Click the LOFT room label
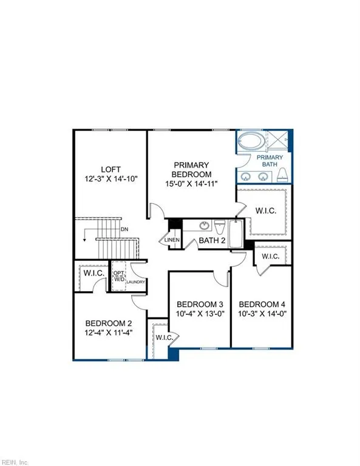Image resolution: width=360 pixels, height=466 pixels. point(111,169)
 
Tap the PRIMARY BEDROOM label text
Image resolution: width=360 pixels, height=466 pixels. point(191,165)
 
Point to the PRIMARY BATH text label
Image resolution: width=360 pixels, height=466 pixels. point(272,161)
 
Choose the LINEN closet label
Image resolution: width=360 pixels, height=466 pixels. point(172,240)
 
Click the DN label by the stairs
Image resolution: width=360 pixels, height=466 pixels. point(124,229)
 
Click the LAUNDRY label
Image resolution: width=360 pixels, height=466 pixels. point(134,283)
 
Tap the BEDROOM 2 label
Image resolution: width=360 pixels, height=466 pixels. point(108,323)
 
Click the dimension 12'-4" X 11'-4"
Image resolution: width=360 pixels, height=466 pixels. point(108,333)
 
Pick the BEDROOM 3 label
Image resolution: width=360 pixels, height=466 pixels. point(200,304)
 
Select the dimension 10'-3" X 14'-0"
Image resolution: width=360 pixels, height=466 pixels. point(262,314)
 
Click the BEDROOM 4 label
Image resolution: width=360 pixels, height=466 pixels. point(262,304)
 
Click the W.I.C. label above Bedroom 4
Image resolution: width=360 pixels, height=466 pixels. point(271,257)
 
